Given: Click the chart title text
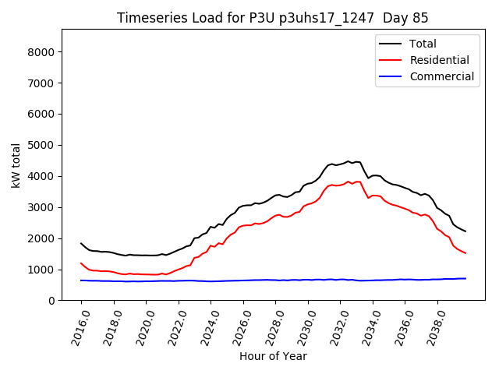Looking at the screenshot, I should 272,18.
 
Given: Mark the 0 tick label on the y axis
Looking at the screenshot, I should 51,301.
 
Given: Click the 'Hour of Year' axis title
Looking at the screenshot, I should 272,356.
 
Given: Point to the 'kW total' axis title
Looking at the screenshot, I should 16,165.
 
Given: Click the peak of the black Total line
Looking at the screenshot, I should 349,161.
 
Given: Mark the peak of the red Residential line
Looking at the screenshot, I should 349,182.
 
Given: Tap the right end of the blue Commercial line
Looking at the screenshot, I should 465,278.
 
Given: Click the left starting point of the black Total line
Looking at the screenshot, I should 81,243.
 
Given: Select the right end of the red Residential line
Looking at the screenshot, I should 465,253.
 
